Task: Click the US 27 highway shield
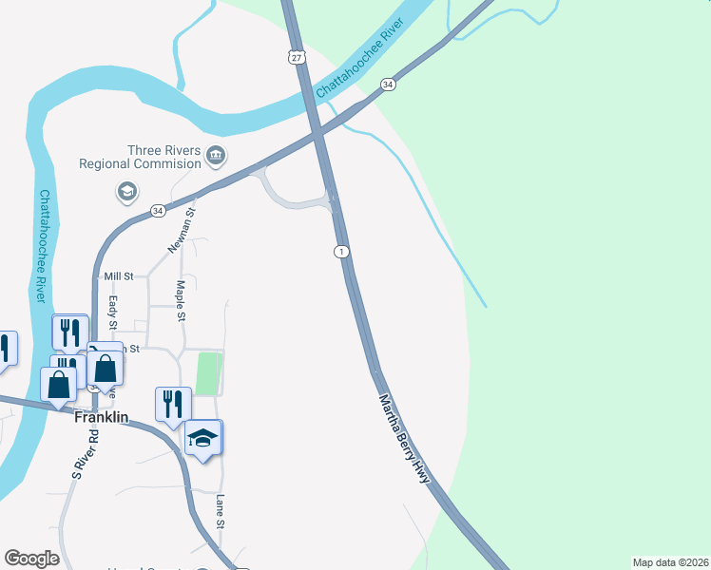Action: coord(298,57)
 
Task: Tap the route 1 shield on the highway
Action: coord(340,251)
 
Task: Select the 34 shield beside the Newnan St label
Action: coord(158,209)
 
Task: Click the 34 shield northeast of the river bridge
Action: coord(388,85)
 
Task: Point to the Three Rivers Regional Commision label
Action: coord(164,157)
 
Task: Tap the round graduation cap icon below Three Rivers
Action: coord(125,193)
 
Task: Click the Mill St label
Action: coord(120,275)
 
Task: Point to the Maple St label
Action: coord(181,300)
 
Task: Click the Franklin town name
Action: coord(101,417)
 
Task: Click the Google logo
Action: coord(31,559)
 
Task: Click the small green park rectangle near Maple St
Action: coord(208,373)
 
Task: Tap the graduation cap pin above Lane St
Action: coord(202,439)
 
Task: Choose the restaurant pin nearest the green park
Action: coord(171,402)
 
